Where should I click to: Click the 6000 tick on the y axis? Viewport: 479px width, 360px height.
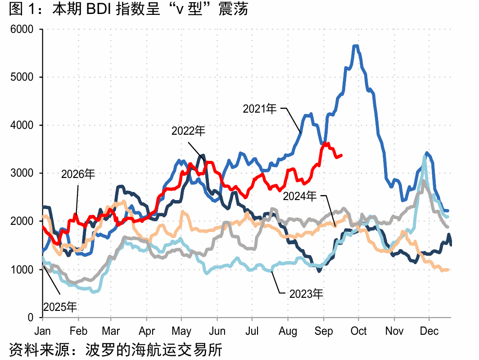(22, 29)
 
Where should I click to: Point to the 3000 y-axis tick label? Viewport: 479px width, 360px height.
(22, 173)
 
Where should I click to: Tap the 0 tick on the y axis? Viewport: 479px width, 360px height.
(30, 318)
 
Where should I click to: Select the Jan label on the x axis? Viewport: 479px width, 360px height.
(42, 331)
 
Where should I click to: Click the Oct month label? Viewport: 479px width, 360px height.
(358, 331)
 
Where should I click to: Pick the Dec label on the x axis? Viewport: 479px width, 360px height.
(429, 331)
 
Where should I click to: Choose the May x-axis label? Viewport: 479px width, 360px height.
(181, 332)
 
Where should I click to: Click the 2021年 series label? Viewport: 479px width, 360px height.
(260, 109)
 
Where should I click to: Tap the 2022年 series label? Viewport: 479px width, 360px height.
(188, 131)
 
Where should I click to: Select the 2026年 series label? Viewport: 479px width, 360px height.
(78, 174)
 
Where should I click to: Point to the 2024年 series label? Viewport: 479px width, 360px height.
(300, 196)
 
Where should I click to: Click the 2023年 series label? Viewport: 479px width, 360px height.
(306, 294)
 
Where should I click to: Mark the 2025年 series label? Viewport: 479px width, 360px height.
(60, 307)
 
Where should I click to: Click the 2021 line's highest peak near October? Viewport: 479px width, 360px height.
(356, 46)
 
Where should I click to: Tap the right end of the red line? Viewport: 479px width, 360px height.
(341, 155)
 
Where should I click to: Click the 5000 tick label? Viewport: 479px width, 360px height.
(22, 77)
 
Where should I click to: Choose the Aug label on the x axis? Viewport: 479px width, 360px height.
(288, 332)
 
